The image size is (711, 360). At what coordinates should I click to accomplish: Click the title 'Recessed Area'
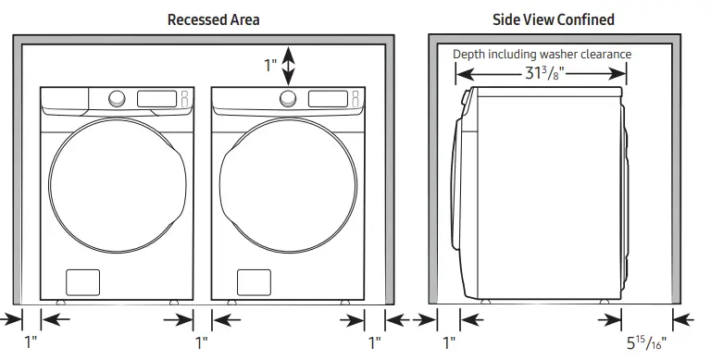pyautogui.click(x=213, y=19)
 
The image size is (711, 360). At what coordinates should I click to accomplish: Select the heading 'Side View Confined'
pyautogui.click(x=553, y=19)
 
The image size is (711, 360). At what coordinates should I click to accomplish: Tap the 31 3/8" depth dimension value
pyautogui.click(x=543, y=75)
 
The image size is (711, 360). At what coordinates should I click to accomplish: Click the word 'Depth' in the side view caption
pyautogui.click(x=468, y=54)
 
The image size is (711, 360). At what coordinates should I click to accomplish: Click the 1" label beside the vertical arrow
pyautogui.click(x=270, y=65)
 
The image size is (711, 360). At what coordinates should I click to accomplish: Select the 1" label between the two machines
pyautogui.click(x=202, y=342)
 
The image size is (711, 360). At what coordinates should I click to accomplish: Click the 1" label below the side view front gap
pyautogui.click(x=449, y=342)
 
